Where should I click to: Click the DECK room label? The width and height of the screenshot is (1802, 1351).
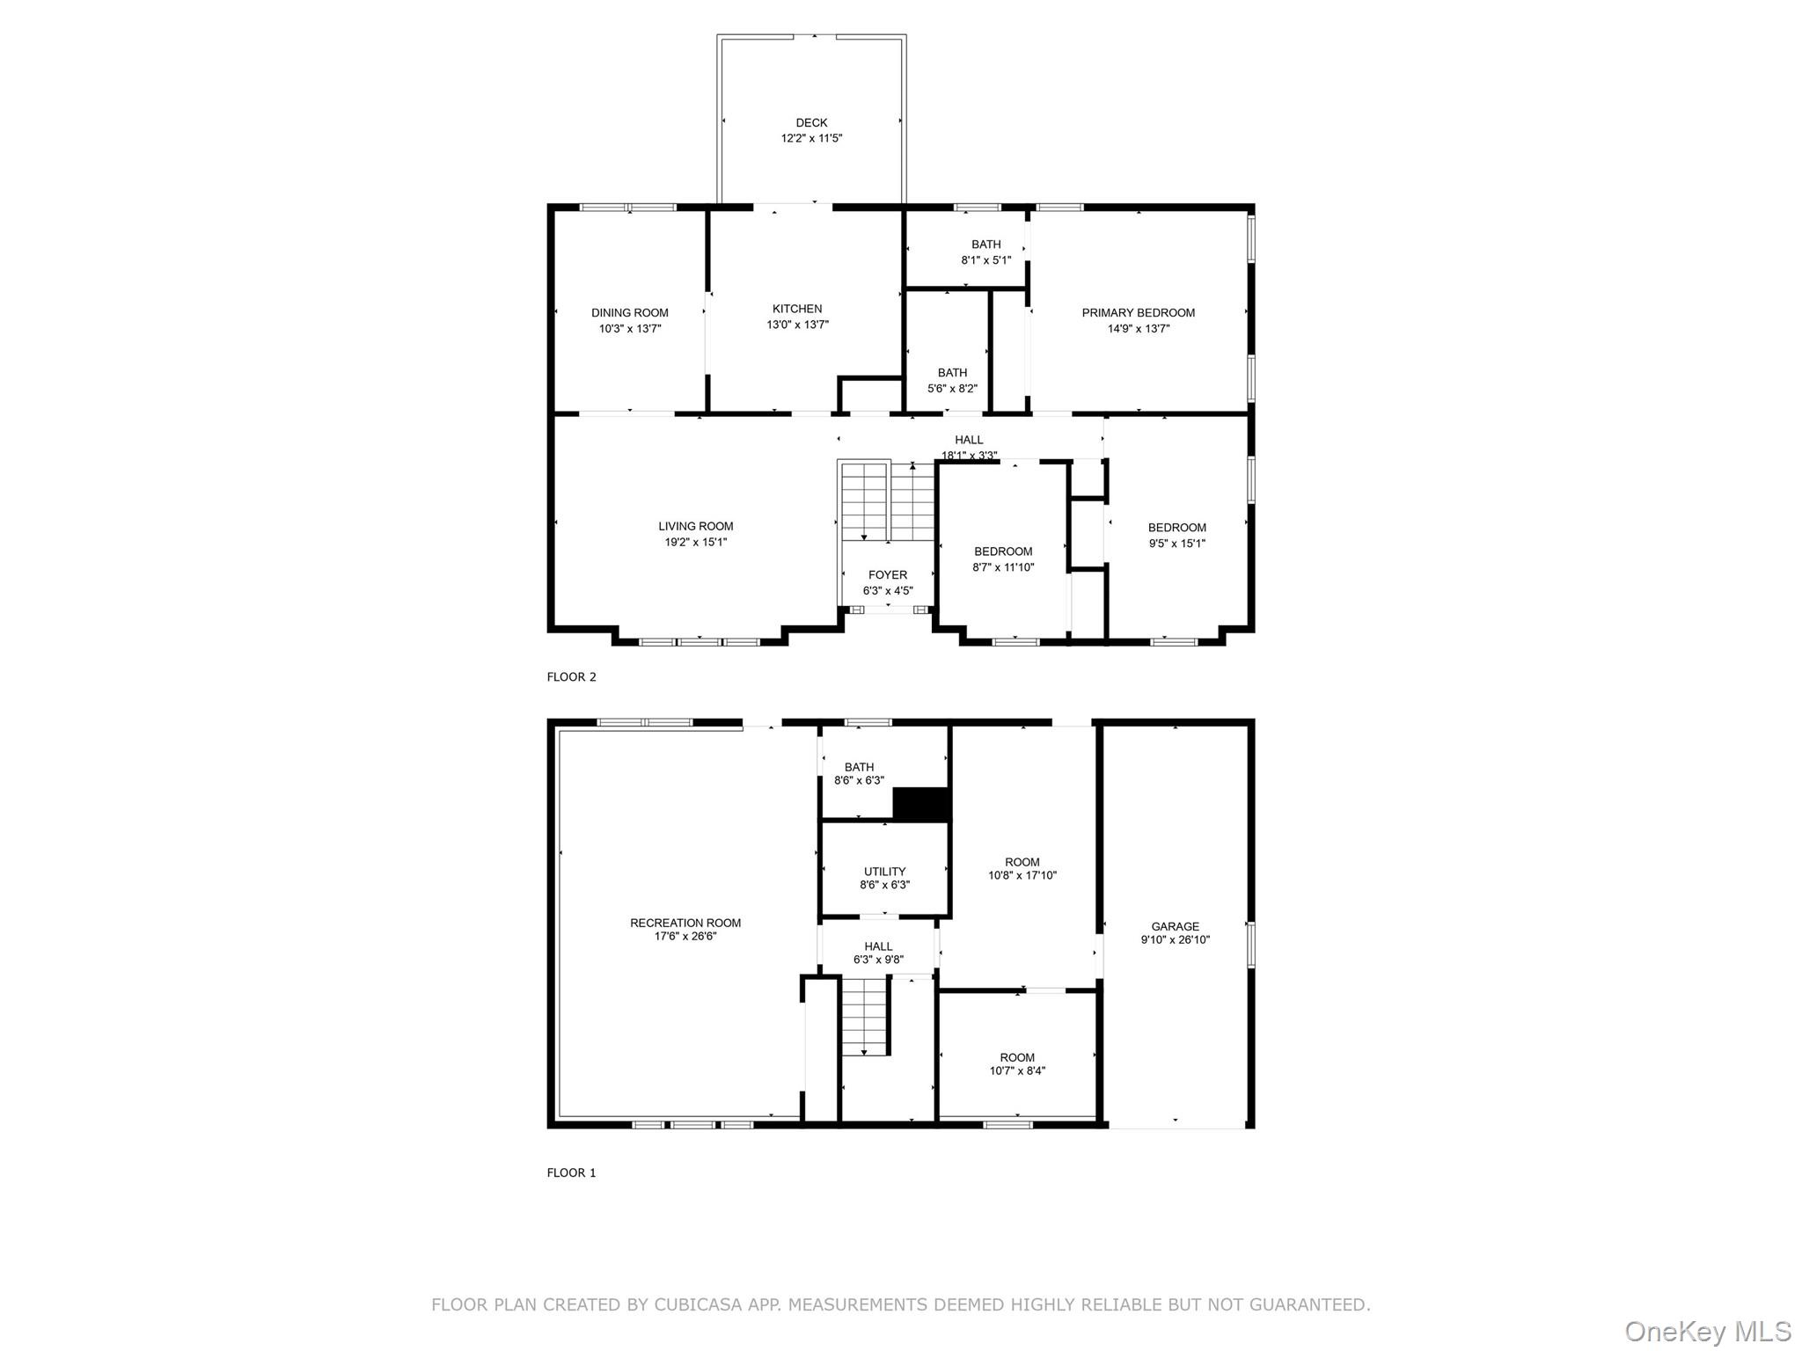(x=811, y=123)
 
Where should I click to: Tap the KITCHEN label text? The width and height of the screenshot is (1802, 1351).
(x=797, y=309)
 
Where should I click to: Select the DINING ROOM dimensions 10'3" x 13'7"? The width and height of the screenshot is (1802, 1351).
(x=630, y=329)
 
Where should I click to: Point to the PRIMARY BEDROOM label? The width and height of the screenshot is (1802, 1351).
(x=1138, y=313)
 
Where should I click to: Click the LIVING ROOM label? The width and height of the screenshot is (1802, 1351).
(x=695, y=527)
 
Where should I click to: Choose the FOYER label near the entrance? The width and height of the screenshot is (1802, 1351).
(x=887, y=575)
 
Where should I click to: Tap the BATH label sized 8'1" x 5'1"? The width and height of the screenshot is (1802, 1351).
(x=985, y=245)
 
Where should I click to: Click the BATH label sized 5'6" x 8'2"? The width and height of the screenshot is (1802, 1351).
(x=952, y=373)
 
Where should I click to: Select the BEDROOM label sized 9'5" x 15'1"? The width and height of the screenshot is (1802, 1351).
(x=1176, y=528)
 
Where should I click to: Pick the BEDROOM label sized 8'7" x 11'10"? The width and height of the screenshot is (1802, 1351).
(x=1003, y=551)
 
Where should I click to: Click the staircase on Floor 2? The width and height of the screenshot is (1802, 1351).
(x=886, y=502)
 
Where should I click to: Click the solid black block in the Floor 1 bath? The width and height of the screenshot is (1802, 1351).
(x=921, y=804)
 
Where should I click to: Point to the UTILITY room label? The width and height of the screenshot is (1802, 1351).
(x=884, y=872)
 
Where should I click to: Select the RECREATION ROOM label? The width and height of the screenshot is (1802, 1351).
(x=685, y=923)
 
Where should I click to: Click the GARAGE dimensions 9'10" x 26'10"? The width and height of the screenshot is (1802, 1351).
(x=1175, y=939)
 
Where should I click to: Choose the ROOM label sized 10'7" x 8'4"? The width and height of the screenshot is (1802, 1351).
(x=1017, y=1057)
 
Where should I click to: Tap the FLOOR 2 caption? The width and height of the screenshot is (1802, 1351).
(x=572, y=676)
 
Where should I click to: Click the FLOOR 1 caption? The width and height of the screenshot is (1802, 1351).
(x=572, y=1172)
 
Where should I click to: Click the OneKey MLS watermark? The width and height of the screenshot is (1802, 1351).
(x=1707, y=1331)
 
